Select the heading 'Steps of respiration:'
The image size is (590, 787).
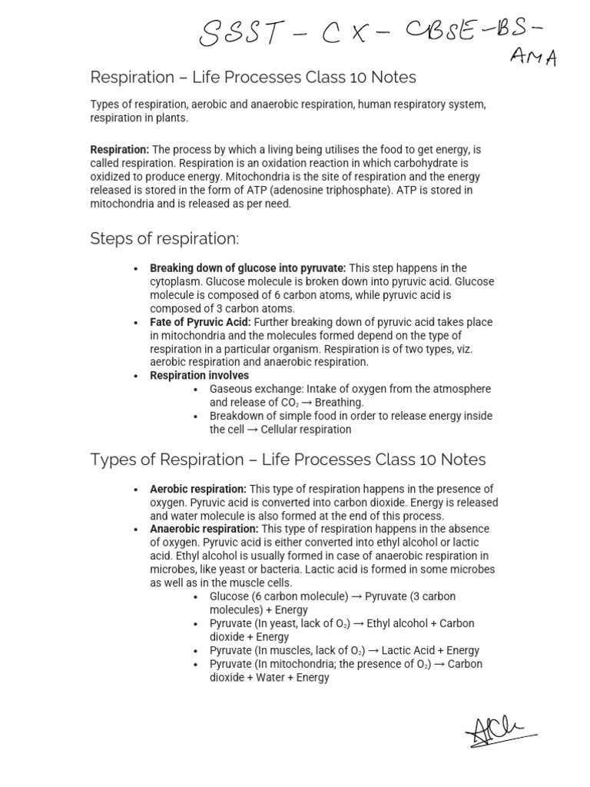(x=164, y=239)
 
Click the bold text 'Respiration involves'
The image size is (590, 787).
(x=199, y=376)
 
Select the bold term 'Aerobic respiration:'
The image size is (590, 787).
(x=198, y=490)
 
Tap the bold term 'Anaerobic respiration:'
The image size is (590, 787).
(x=204, y=530)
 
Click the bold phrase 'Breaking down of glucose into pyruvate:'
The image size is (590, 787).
(x=247, y=268)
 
